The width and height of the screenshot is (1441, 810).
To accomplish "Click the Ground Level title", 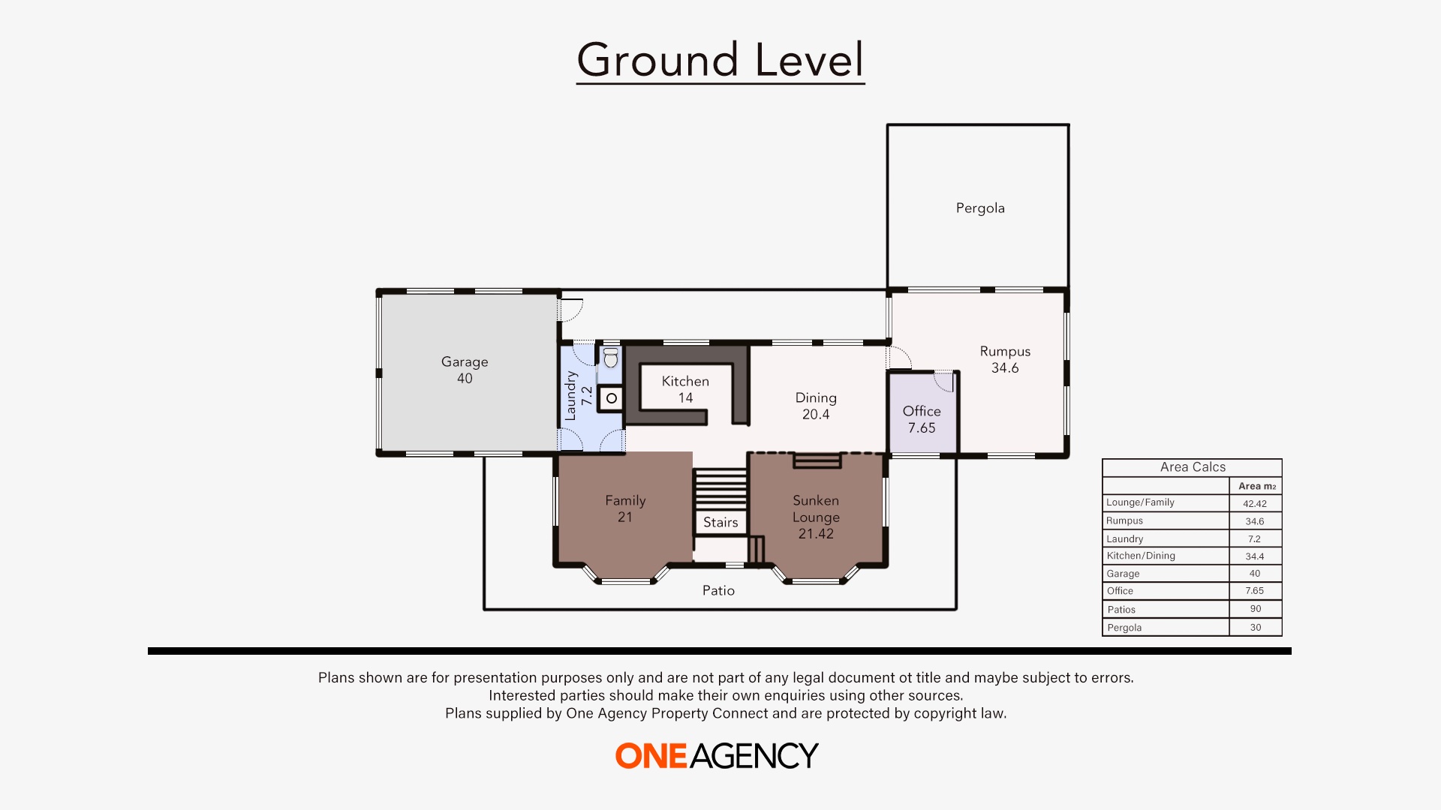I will pyautogui.click(x=720, y=60).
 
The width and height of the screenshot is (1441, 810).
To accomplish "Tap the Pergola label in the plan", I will pyautogui.click(x=979, y=208).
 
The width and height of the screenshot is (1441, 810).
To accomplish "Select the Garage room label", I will pyautogui.click(x=465, y=370).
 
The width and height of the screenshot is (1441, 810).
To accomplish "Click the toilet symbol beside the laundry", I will pyautogui.click(x=611, y=358).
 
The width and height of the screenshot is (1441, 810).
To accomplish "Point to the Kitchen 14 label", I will pyautogui.click(x=685, y=389).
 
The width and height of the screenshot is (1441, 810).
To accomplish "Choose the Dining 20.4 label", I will pyautogui.click(x=816, y=406).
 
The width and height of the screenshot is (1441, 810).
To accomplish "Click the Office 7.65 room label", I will pyautogui.click(x=922, y=419).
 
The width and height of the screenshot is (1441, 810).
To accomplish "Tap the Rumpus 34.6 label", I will pyautogui.click(x=1005, y=359).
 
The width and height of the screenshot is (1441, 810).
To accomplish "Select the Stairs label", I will pyautogui.click(x=720, y=523).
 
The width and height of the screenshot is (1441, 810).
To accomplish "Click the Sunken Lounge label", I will pyautogui.click(x=816, y=517).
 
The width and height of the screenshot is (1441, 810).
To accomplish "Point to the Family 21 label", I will pyautogui.click(x=625, y=508).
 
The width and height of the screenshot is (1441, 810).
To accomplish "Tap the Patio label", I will pyautogui.click(x=718, y=591).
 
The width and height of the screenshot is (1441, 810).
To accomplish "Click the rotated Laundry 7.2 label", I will pyautogui.click(x=578, y=396).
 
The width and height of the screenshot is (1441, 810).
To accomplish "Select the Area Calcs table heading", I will pyautogui.click(x=1192, y=467).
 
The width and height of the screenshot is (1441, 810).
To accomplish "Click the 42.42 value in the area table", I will pyautogui.click(x=1254, y=504).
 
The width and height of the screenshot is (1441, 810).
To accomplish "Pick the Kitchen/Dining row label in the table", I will pyautogui.click(x=1141, y=556).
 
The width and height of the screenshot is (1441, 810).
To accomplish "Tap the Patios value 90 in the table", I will pyautogui.click(x=1255, y=609).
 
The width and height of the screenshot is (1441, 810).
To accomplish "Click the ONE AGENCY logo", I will pyautogui.click(x=717, y=756).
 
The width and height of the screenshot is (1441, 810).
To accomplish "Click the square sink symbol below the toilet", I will pyautogui.click(x=612, y=398).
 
